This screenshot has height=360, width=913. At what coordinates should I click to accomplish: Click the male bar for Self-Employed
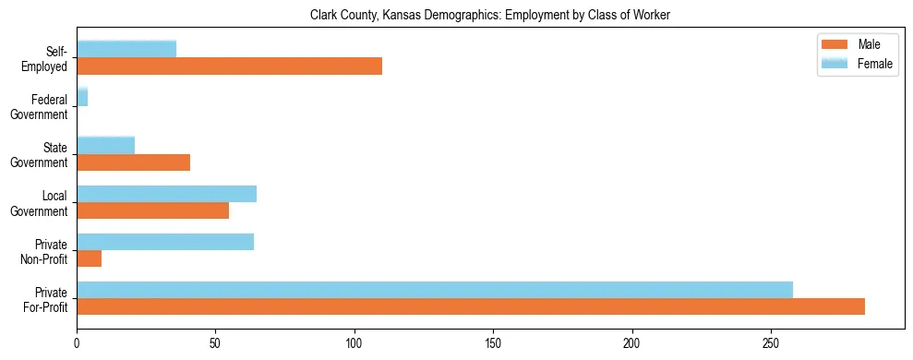point(229,66)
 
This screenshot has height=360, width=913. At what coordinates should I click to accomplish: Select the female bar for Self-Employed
point(126,49)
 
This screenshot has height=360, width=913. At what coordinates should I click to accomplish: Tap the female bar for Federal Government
point(82,97)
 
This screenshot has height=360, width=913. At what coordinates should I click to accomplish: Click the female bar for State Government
point(105,145)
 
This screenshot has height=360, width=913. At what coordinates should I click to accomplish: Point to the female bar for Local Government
point(166,193)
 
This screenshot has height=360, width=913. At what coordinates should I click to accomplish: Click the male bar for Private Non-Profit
point(89,258)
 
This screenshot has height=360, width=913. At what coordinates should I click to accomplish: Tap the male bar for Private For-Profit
point(471,306)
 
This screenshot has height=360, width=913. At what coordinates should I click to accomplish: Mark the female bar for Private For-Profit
point(435,290)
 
